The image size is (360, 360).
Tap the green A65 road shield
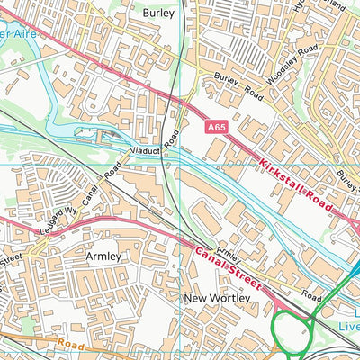point(214,130)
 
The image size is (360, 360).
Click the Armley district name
point(103,256)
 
